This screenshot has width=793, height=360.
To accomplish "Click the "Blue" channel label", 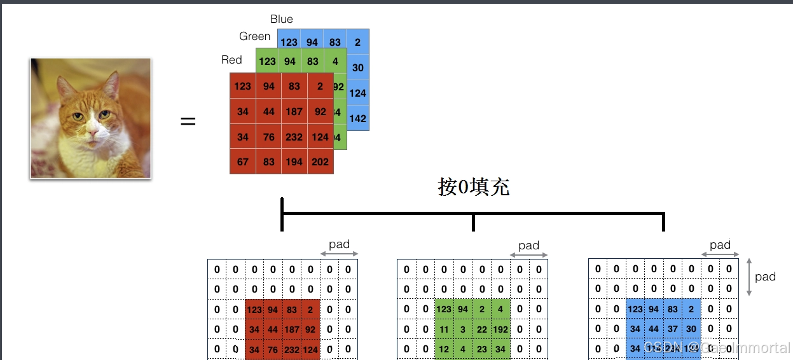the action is click(281, 19).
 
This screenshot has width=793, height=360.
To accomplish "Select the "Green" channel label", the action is click(254, 36).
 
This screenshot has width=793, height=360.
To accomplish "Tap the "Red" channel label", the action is click(231, 60).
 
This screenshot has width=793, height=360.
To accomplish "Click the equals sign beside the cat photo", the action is click(188, 121).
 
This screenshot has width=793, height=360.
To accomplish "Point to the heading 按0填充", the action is click(473, 187).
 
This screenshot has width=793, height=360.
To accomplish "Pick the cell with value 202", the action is click(321, 162).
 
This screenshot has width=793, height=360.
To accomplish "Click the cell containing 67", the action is click(243, 162).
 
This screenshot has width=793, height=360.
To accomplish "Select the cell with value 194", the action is click(294, 162).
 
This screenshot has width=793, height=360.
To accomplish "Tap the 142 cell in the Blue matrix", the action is click(357, 118).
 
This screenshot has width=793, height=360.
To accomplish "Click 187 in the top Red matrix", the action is click(294, 111).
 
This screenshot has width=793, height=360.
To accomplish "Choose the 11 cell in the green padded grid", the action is click(444, 329).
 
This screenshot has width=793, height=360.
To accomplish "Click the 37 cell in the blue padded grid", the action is click(673, 329).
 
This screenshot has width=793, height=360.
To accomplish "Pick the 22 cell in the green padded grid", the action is click(482, 329).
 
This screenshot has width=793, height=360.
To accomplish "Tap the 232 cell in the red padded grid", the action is click(292, 349).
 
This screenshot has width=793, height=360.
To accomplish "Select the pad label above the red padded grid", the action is click(339, 244).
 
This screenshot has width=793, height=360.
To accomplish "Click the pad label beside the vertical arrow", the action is click(765, 276).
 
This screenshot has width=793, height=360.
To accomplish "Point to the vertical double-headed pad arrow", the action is click(749, 277).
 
